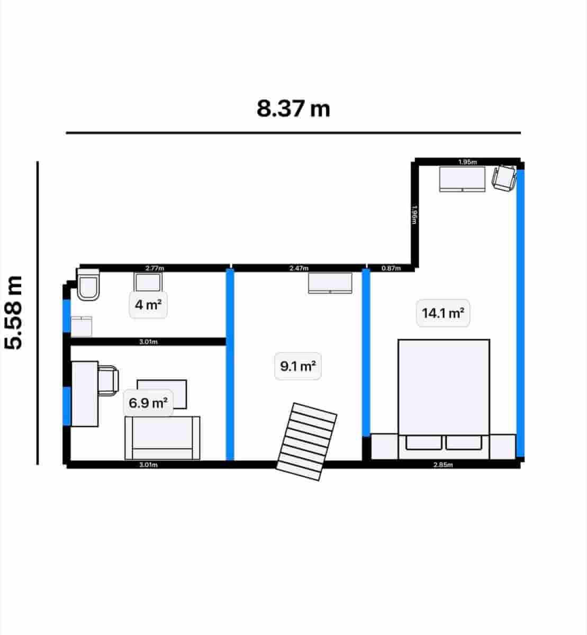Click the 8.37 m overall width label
(x=293, y=109)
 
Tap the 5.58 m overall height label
(x=14, y=312)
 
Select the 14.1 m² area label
(x=443, y=313)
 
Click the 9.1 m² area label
(x=298, y=366)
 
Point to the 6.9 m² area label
(x=148, y=403)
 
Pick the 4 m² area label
(x=148, y=305)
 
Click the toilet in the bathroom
(x=88, y=286)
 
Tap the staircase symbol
(x=307, y=441)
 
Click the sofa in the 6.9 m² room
(x=162, y=438)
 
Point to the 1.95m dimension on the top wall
(x=467, y=162)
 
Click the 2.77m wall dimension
(x=155, y=268)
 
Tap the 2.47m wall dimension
(x=299, y=268)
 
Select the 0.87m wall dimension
(x=391, y=268)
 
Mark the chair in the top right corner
(x=504, y=177)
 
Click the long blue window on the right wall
(x=520, y=312)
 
